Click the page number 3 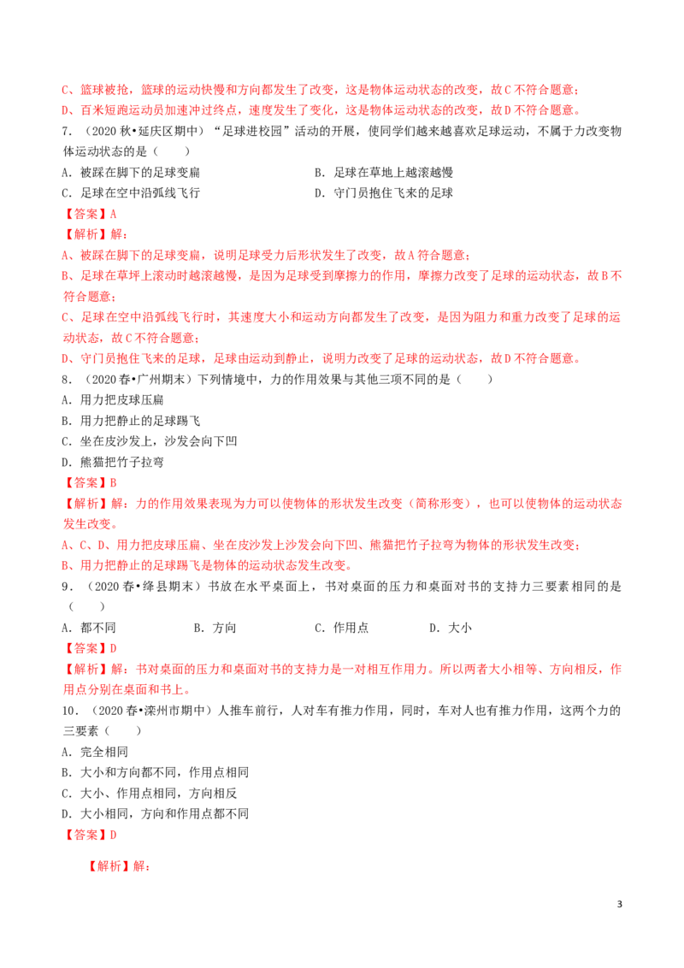(620, 904)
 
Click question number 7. (68, 131)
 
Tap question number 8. (68, 379)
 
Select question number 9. (68, 586)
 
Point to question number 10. (70, 710)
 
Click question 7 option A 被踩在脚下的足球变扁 (131, 172)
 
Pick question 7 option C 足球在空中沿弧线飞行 (131, 192)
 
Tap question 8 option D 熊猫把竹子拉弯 (113, 462)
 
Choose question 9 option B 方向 (215, 627)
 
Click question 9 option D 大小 (451, 627)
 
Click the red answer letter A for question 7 (113, 214)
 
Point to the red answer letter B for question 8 (113, 483)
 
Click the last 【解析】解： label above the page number (119, 865)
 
